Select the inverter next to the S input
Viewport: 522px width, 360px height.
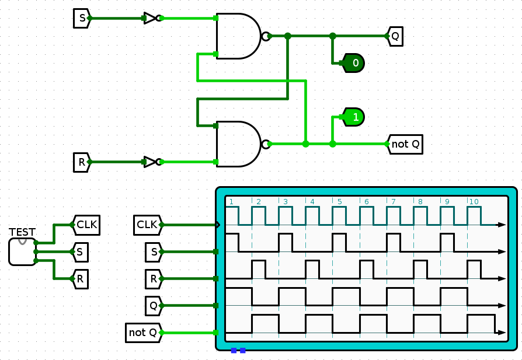[151, 19]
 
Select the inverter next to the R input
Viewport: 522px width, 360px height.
[151, 162]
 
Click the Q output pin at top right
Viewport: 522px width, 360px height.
[395, 36]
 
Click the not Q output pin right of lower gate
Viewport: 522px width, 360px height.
[405, 144]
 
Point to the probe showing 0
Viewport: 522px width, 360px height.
[353, 62]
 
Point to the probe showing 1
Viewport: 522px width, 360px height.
[353, 117]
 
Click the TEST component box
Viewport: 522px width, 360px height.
[22, 251]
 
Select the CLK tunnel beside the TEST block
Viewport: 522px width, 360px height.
[86, 224]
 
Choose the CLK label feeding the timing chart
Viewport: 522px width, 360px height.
[147, 225]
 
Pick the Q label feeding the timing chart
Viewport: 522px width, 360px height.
[153, 305]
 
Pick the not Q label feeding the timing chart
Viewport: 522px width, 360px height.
[144, 333]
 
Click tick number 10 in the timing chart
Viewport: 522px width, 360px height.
[474, 202]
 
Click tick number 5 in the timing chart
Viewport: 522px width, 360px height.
[339, 202]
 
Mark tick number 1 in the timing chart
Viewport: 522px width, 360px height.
[231, 202]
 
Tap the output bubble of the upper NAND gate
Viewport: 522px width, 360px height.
[266, 36]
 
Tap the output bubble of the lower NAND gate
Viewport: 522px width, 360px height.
[266, 144]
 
